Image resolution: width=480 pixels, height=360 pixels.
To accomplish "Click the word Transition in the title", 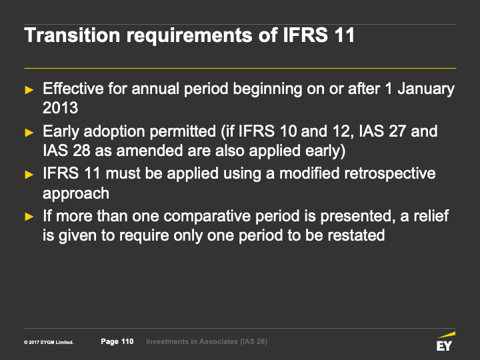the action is click(72, 35).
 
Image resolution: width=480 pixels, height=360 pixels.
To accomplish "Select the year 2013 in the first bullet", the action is click(60, 108).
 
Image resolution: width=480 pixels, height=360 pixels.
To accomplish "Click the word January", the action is click(426, 89).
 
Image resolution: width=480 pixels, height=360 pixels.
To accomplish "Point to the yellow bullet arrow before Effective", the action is click(29, 90).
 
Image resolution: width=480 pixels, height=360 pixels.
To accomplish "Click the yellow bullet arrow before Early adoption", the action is click(29, 133).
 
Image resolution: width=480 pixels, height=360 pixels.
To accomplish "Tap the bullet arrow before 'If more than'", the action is click(29, 217).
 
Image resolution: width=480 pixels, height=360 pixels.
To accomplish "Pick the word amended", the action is click(149, 151).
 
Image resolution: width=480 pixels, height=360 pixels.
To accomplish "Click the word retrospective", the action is click(390, 174).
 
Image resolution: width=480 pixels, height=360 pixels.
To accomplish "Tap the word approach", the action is click(76, 194).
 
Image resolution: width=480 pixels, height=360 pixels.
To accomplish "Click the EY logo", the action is click(445, 341).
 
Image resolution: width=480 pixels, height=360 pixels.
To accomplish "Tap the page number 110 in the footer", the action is click(127, 341).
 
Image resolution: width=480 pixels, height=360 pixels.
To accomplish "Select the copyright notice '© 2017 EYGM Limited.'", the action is click(49, 342).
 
